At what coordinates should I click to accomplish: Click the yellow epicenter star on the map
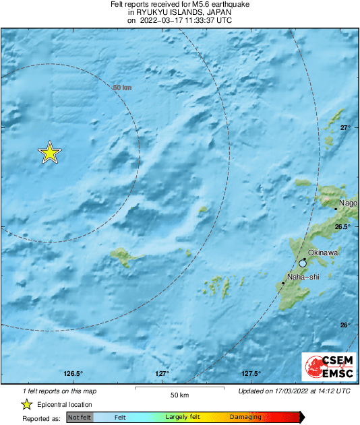(49, 153)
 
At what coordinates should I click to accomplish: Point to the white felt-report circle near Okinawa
(303, 263)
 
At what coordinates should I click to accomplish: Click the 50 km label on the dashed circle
(122, 88)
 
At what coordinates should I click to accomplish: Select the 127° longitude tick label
(162, 374)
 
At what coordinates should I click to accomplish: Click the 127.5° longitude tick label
(251, 374)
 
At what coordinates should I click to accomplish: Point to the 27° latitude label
(344, 127)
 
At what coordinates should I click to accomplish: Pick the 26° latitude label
(344, 325)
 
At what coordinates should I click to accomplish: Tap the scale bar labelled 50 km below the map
(179, 389)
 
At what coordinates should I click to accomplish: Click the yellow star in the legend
(26, 404)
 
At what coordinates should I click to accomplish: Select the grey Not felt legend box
(80, 418)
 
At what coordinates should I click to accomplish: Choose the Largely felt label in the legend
(181, 418)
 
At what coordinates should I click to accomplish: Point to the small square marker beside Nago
(336, 209)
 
